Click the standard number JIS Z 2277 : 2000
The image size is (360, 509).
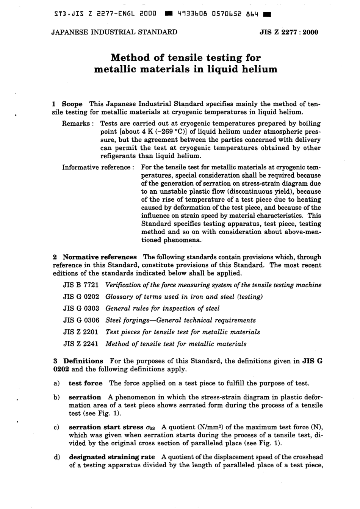tap(289, 32)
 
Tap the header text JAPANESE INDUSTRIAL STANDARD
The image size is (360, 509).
tap(114, 32)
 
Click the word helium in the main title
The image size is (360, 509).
tap(258, 69)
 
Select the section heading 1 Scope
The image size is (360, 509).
tap(67, 104)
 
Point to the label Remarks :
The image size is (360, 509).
tap(78, 124)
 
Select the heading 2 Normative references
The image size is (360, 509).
tap(95, 257)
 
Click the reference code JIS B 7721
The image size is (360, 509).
tap(81, 285)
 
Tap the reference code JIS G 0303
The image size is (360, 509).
tap(81, 309)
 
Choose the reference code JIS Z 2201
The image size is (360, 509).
tap(81, 332)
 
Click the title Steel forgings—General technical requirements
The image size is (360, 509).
tap(180, 320)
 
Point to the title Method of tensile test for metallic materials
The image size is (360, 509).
tap(176, 344)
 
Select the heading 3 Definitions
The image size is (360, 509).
tap(78, 361)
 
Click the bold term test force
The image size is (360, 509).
tap(85, 383)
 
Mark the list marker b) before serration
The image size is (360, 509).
tap(56, 397)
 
